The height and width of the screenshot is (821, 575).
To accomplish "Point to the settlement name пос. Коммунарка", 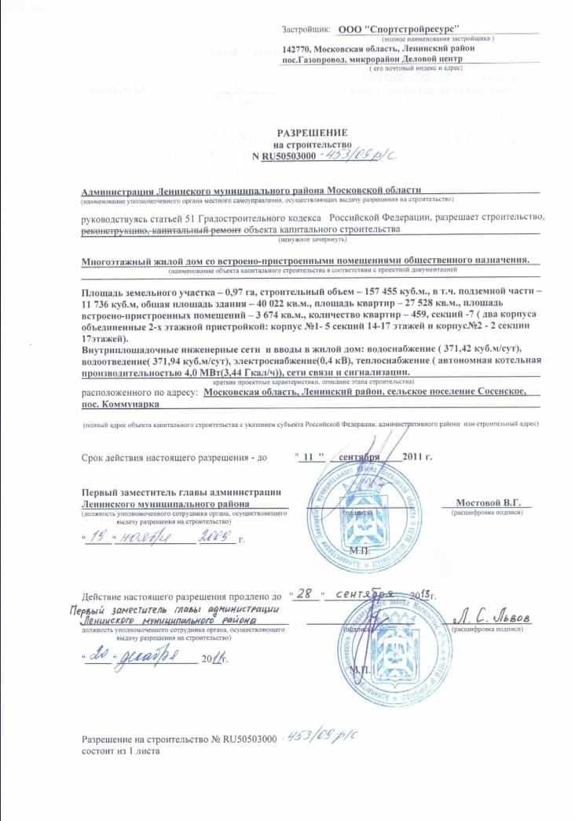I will pyautogui.click(x=120, y=403).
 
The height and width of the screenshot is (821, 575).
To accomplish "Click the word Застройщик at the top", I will pyautogui.click(x=306, y=29).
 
